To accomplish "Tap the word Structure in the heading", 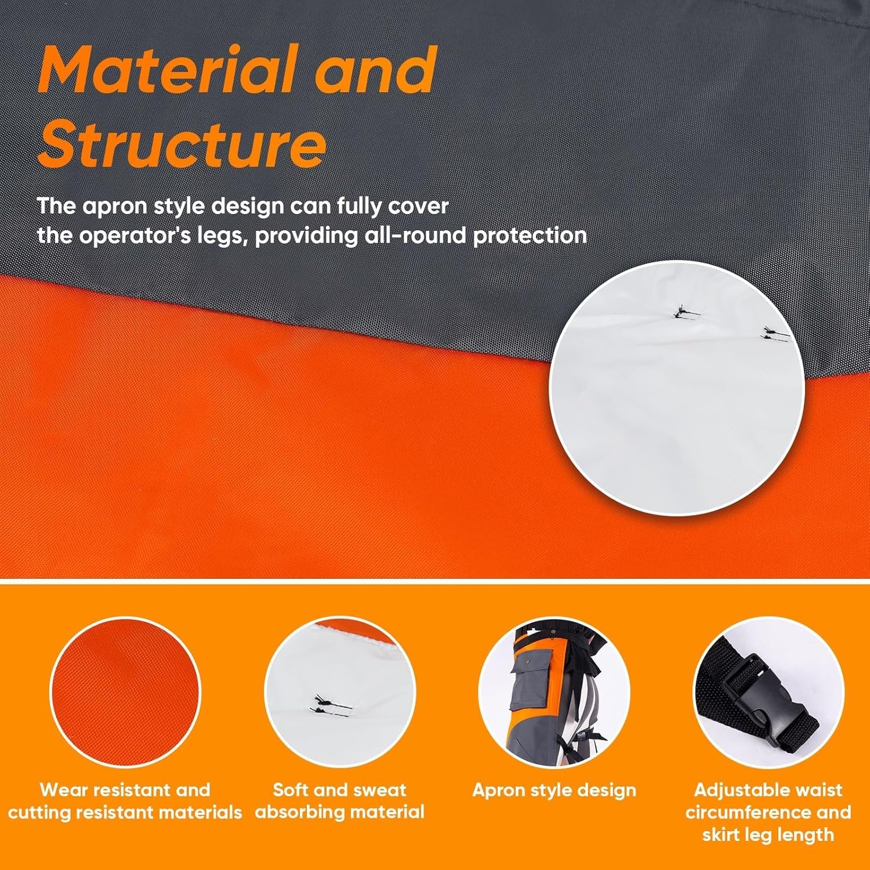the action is pos(182,143).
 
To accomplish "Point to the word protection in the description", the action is pos(530,236).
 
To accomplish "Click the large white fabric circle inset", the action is pos(677,389).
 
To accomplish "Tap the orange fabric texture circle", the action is pos(125,693).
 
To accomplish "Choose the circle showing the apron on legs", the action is pos(554,693).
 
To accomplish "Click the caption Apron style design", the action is pos(554,790).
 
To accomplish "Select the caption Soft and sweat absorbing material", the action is pos(340,800).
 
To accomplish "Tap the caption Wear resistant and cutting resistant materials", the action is pos(125,800).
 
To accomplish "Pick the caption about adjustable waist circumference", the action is pos(768,812).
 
